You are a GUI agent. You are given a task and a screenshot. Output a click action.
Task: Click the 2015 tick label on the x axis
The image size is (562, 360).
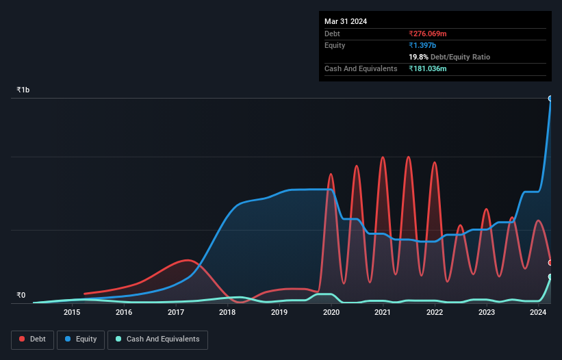coord(72,313)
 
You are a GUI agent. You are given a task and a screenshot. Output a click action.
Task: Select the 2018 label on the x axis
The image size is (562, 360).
coord(227,313)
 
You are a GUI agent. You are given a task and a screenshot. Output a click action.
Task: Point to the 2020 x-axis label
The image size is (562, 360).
coord(331,313)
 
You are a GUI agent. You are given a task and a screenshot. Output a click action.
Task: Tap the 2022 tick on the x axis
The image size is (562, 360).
coord(434,313)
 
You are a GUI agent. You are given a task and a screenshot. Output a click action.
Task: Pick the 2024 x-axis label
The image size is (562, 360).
coord(538,313)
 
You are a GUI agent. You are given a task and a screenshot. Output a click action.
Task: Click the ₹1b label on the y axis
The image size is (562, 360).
coord(23,90)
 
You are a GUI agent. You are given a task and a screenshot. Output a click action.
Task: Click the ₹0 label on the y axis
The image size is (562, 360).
coord(21,296)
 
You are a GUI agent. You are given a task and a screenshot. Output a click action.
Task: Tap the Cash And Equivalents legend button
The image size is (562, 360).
coord(157,339)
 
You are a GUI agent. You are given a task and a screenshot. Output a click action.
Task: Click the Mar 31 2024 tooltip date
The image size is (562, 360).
coord(346,21)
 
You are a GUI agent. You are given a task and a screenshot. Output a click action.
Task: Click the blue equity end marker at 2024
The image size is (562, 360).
coord(550,99)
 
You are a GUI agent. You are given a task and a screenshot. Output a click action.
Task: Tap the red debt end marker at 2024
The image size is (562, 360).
coord(550,263)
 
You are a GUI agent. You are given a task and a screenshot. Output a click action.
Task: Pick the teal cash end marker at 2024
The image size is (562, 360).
coord(550,277)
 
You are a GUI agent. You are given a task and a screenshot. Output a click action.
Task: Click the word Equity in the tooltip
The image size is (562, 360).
coord(335,45)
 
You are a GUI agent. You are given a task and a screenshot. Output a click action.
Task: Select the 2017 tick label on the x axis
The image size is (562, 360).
coord(176,313)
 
